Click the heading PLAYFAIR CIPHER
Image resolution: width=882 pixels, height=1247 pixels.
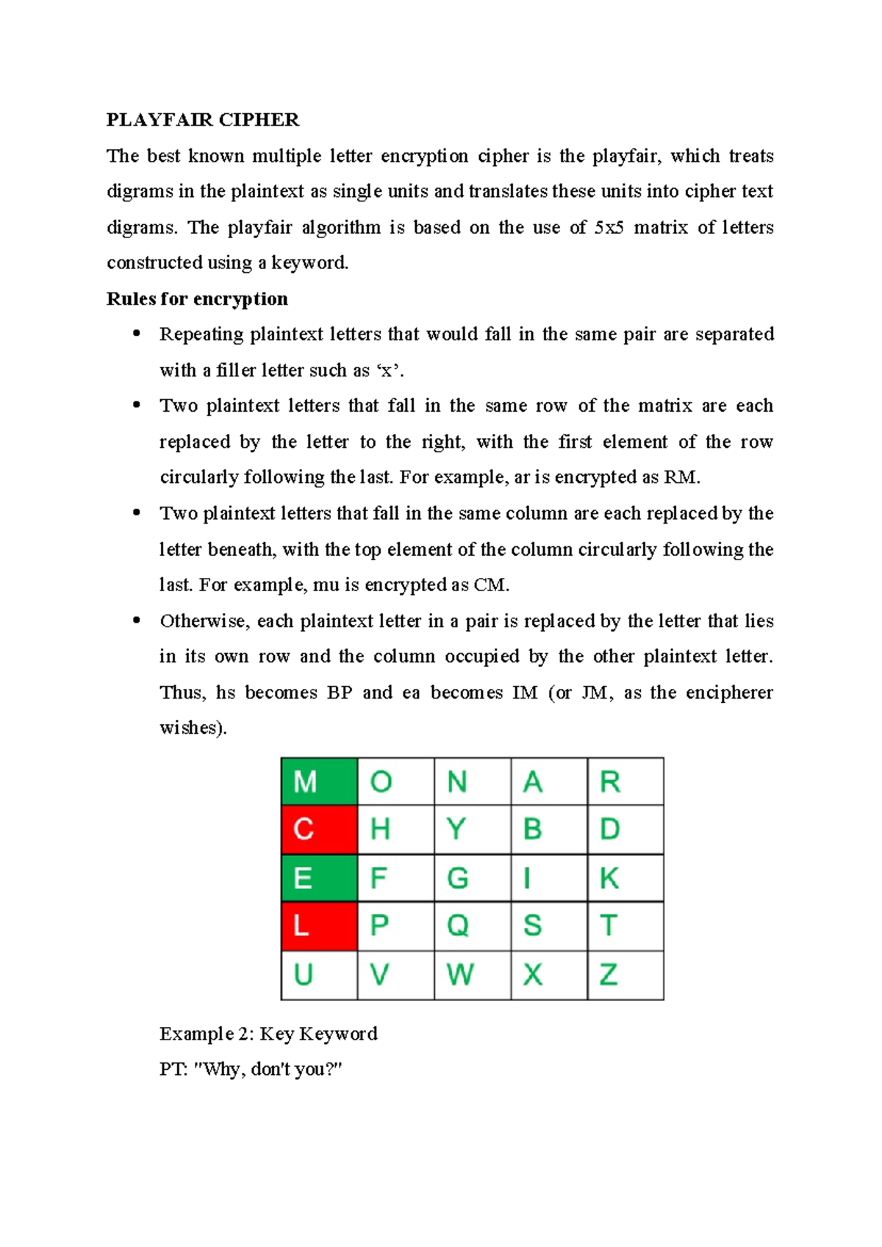203,120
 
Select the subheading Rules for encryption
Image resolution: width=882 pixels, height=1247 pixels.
197,299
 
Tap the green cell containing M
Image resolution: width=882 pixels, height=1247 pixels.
319,782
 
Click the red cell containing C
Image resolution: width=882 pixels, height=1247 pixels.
319,829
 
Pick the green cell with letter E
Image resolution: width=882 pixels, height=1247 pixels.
319,878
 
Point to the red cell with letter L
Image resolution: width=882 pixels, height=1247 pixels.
319,926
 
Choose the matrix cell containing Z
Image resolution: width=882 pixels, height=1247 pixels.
625,975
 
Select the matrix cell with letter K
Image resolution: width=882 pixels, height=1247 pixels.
625,878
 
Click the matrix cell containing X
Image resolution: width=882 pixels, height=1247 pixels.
548,975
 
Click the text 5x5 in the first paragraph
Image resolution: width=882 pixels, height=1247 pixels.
609,227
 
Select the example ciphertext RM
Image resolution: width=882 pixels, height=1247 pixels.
681,477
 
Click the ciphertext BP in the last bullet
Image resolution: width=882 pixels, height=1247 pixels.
340,693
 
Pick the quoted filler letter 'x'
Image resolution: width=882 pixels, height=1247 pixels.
389,371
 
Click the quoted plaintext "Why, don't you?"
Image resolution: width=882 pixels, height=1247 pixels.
268,1069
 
